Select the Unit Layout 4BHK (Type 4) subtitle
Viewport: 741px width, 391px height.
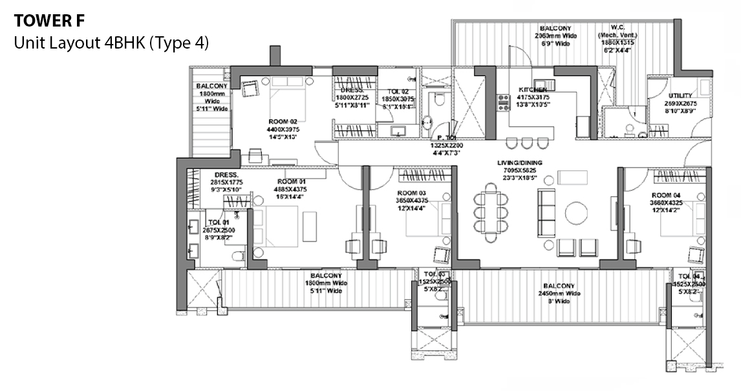point(111,43)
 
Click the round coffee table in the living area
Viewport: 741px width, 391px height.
point(576,213)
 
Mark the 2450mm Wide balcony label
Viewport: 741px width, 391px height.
point(559,289)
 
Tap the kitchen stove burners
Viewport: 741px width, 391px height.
point(502,103)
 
